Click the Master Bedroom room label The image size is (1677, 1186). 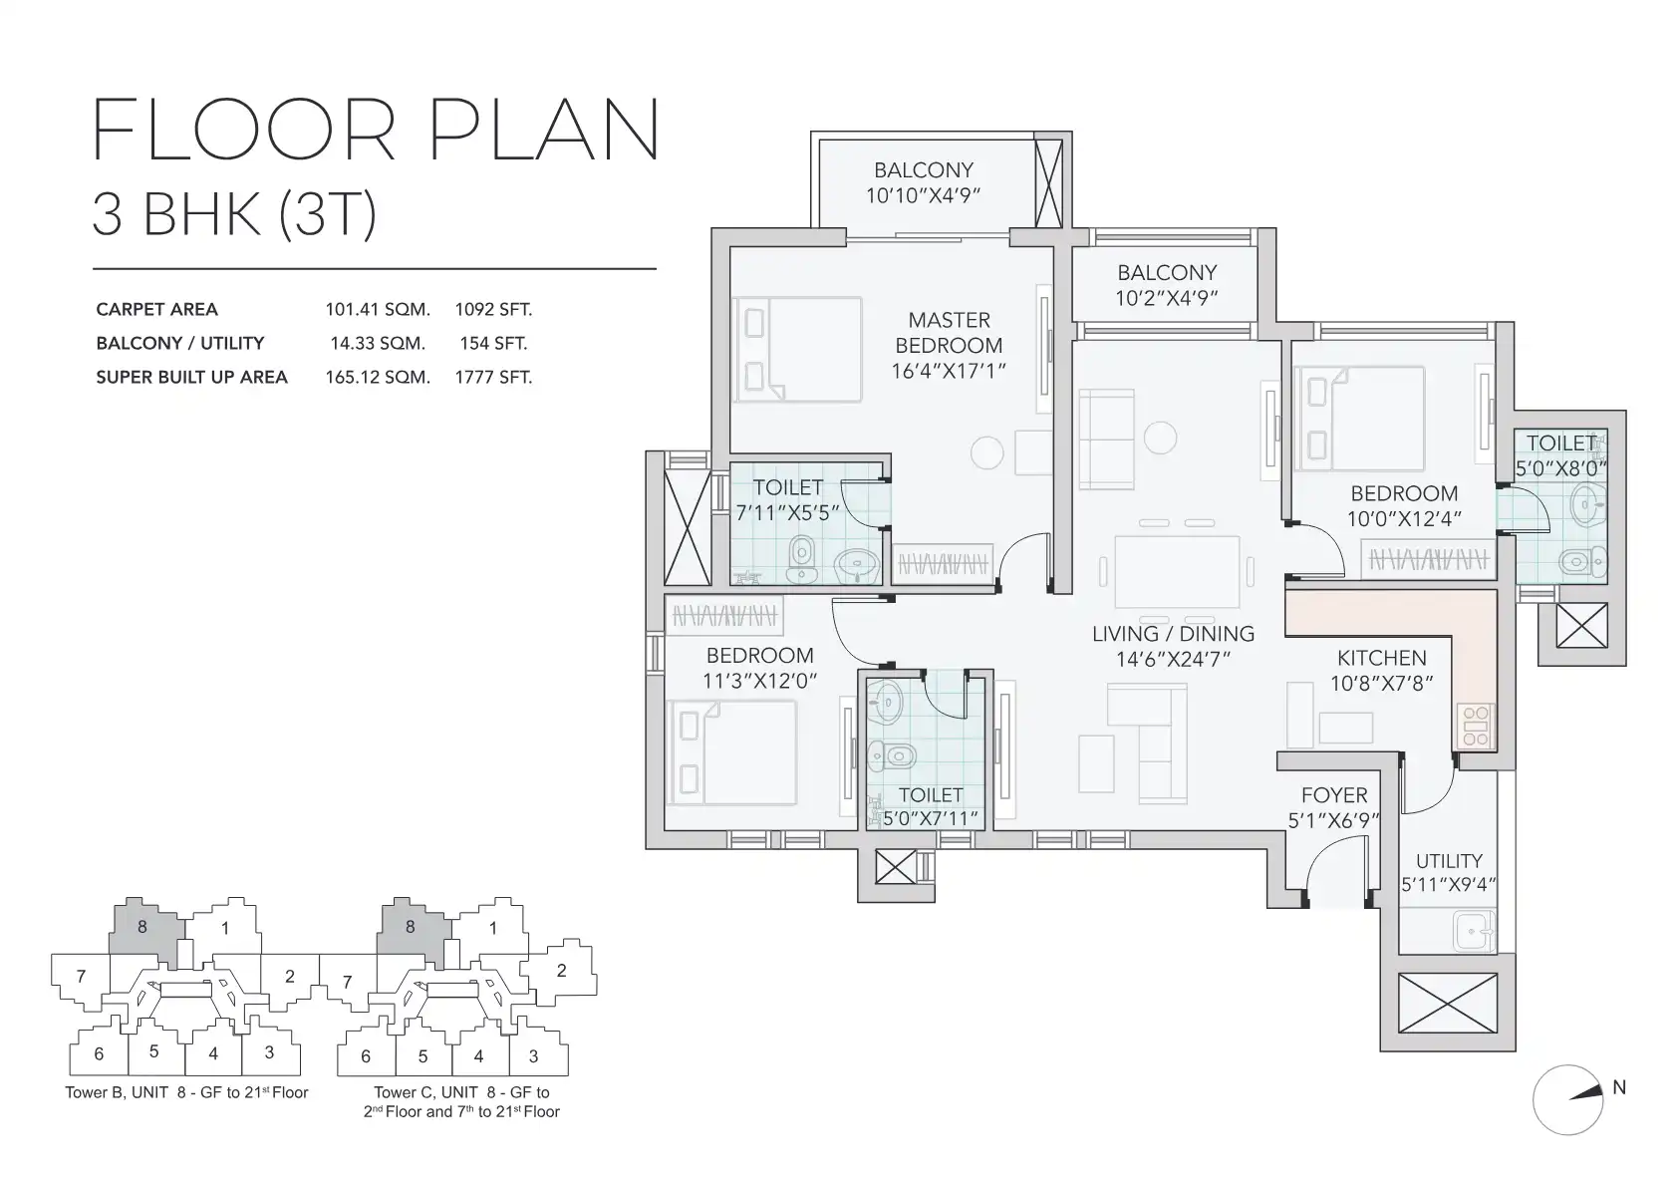click(x=949, y=333)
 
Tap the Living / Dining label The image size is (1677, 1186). click(x=1173, y=634)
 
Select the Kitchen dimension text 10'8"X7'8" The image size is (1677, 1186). click(x=1381, y=683)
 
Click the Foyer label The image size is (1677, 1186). click(x=1334, y=794)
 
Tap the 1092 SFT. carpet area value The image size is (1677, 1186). click(x=493, y=309)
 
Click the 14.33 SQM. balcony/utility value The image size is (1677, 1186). click(x=378, y=343)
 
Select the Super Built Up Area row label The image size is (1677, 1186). click(x=191, y=377)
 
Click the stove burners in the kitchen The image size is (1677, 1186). click(x=1475, y=727)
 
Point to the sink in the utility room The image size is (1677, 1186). click(x=1474, y=932)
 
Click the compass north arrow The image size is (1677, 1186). click(x=1585, y=1093)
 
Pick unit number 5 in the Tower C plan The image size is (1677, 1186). click(x=423, y=1056)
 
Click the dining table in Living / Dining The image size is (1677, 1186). click(x=1176, y=570)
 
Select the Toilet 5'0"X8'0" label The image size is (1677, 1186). click(x=1561, y=455)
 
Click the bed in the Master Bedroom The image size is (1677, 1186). click(x=797, y=350)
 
